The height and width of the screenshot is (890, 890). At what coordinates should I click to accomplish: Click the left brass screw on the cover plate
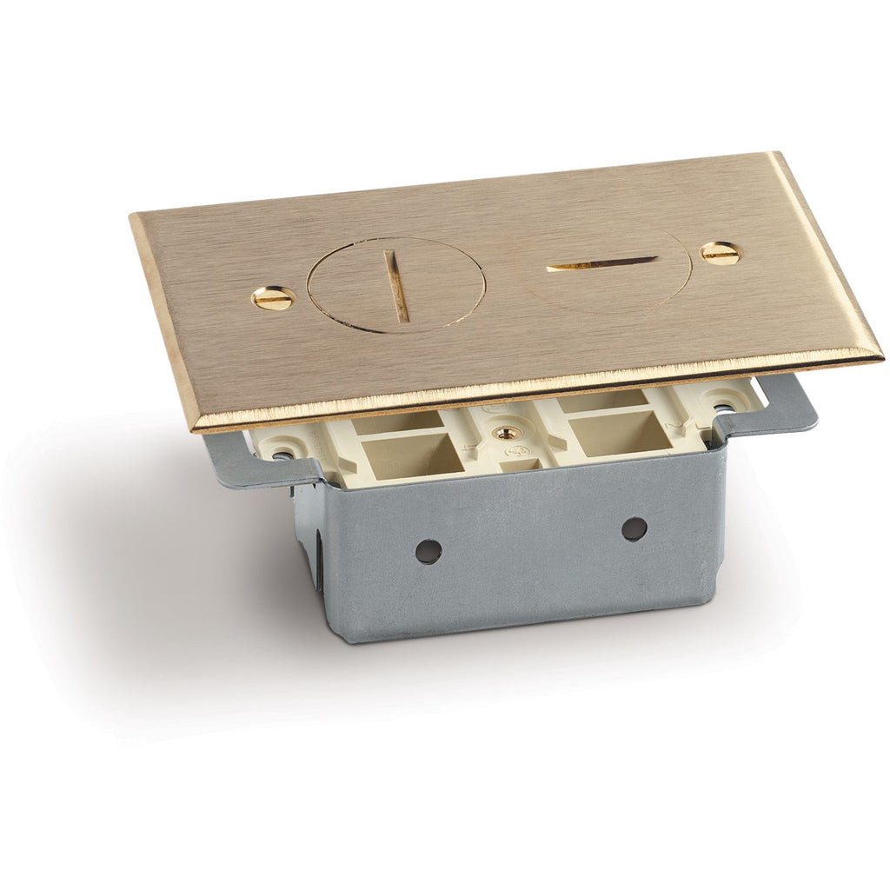click(x=274, y=298)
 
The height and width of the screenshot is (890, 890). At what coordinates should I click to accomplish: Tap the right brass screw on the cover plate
click(x=721, y=253)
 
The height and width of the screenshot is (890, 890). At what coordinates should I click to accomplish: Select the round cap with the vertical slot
click(x=396, y=286)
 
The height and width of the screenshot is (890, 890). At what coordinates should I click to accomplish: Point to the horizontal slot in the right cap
click(x=601, y=262)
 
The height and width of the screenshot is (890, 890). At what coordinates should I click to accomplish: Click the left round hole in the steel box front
click(x=428, y=550)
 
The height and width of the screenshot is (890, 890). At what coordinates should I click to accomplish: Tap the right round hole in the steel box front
click(x=634, y=528)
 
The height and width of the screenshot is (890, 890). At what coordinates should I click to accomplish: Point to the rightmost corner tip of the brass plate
click(x=881, y=357)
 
